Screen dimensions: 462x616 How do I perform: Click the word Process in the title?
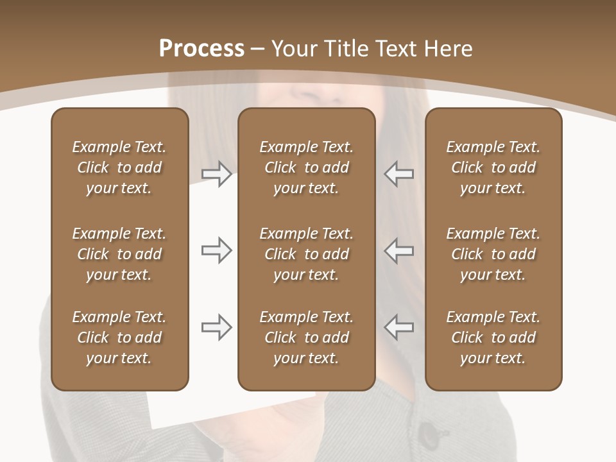point(201,49)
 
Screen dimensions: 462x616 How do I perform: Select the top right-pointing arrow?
point(217,174)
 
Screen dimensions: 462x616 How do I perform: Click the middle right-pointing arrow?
point(217,250)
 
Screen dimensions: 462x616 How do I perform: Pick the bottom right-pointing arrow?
point(217,327)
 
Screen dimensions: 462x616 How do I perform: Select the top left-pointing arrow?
point(398,174)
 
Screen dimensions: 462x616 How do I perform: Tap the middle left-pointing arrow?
point(398,250)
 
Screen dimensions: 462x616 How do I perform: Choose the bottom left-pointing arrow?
point(398,327)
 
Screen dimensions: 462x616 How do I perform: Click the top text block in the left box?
point(119,167)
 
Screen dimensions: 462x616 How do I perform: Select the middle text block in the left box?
point(119,254)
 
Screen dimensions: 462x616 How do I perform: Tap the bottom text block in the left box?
point(119,338)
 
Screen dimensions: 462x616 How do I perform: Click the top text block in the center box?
point(306,167)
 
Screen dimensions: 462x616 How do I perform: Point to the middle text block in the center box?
point(306,254)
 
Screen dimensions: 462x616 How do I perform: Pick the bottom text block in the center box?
point(306,338)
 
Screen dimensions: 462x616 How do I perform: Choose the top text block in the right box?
point(493,167)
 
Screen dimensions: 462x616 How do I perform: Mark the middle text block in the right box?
point(493,254)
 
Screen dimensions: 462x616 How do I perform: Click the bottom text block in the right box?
point(493,338)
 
